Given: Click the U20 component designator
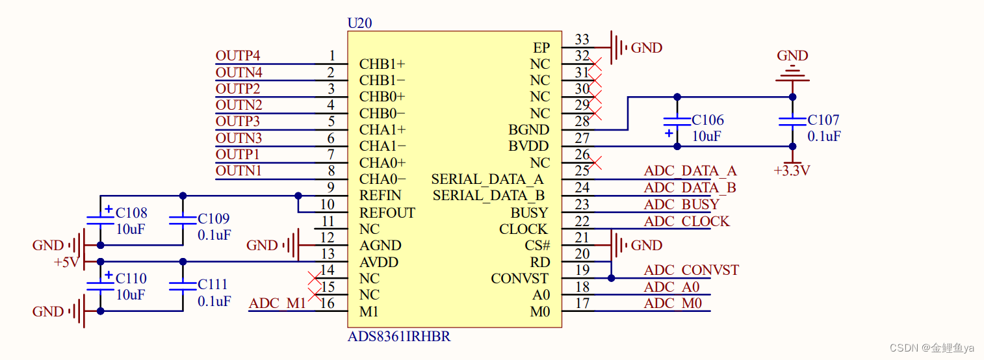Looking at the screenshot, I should pos(360,23).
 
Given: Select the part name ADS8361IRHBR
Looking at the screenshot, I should pos(399,337).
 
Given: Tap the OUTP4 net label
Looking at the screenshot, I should pos(238,56).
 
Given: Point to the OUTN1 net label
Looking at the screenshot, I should pos(239,171).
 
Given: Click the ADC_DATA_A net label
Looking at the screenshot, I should pos(690,171).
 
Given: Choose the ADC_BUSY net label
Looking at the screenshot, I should pos(681,204).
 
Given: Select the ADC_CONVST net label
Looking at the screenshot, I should pos(691,270).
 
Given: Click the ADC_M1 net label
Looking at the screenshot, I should pos(277,303).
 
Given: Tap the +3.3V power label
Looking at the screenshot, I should pos(792,171).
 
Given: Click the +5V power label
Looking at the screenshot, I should pos(66,263).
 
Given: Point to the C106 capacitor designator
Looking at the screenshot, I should pos(707,120).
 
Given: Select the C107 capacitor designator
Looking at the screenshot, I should pos(823,120).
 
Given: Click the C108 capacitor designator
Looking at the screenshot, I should pos(131,213).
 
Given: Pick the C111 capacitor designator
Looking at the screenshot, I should pos(214,285).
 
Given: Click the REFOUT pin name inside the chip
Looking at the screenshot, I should pos(387,213).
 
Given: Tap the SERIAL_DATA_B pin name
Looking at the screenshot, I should pos(489,196).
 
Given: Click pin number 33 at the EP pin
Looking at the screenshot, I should pos(582,40).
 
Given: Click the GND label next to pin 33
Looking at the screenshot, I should pos(647,48).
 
